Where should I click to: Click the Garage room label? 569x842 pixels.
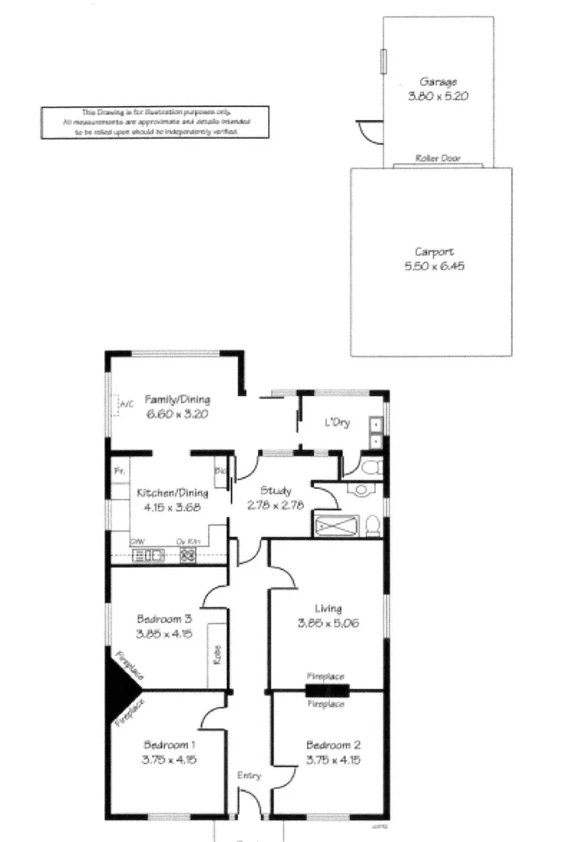438,82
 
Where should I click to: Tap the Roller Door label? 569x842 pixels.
438,158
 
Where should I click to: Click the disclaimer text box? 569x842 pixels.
154,122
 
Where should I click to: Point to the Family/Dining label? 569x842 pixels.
178,401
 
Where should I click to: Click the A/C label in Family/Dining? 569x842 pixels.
127,404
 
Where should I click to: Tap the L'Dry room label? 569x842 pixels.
337,423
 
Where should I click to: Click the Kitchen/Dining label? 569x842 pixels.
172,493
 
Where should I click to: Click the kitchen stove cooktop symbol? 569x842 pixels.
188,555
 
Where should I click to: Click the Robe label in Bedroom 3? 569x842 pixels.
217,653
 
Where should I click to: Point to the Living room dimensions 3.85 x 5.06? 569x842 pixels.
328,623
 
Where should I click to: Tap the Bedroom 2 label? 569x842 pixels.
333,745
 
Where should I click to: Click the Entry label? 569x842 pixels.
249,776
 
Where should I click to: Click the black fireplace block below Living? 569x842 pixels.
327,689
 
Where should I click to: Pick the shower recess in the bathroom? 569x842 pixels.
337,525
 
